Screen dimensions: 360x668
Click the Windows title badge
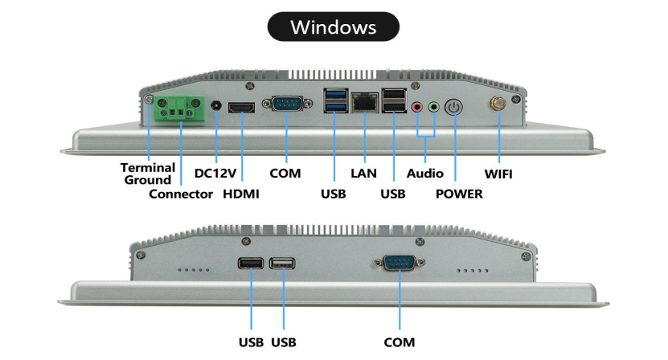pos(333,27)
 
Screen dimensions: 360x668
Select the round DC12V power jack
pos(215,106)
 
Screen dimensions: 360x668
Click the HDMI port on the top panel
pos(243,107)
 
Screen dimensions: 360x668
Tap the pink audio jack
pos(416,107)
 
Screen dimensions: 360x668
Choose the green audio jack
pos(434,107)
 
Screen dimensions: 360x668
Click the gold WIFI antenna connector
pos(497,105)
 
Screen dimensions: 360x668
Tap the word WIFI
pos(497,173)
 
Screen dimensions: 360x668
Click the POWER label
pos(459,194)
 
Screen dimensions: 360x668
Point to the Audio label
pos(425,173)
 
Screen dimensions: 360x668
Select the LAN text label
pos(364,173)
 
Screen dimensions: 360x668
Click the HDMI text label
pos(241,194)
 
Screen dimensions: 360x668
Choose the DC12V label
pos(215,173)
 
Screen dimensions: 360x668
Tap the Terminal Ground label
pos(148,174)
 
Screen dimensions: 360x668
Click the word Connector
pos(181,194)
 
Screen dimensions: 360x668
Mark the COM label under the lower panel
pos(400,342)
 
